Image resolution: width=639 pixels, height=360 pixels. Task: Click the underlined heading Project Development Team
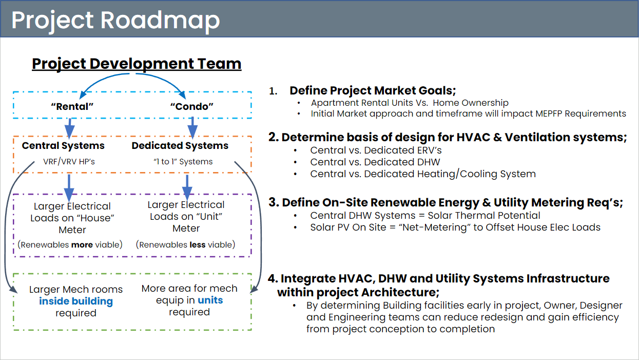(x=137, y=64)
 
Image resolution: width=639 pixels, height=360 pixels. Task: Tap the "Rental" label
(x=72, y=106)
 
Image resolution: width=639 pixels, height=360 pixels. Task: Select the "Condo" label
(x=192, y=106)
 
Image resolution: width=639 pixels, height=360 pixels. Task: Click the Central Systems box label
(x=63, y=146)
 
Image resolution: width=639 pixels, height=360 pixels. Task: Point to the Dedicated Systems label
(x=180, y=146)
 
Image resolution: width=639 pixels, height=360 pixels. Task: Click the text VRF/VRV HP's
(x=69, y=162)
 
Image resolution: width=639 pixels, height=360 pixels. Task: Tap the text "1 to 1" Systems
(x=183, y=162)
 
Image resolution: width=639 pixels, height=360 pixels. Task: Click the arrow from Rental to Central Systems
(x=70, y=128)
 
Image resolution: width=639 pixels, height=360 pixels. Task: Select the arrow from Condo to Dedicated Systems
(x=192, y=127)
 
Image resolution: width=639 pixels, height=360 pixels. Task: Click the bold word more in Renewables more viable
(x=82, y=245)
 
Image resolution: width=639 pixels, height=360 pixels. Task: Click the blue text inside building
(x=76, y=301)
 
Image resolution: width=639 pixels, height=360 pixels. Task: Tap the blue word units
(x=210, y=300)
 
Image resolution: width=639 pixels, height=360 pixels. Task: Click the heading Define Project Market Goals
(x=373, y=91)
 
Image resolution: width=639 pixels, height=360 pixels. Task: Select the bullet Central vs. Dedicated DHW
(x=375, y=162)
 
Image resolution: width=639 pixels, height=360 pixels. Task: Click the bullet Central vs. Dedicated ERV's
(x=376, y=150)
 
